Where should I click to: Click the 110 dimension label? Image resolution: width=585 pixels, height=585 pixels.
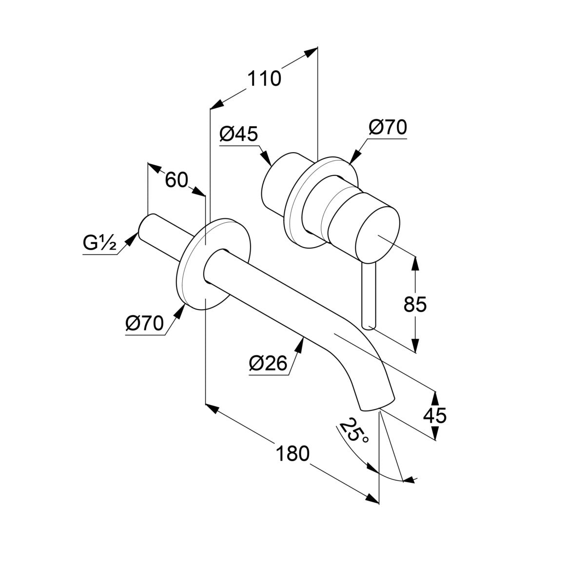point(264,78)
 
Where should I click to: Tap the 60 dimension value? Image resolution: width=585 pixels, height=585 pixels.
point(176,180)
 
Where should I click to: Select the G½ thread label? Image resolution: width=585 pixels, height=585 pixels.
point(99,243)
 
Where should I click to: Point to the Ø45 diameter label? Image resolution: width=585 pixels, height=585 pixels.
point(238,134)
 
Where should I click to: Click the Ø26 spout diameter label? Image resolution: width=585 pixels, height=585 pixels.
point(268,363)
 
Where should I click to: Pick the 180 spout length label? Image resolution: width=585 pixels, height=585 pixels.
point(292,454)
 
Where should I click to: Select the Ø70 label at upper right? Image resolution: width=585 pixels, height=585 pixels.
point(388,127)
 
